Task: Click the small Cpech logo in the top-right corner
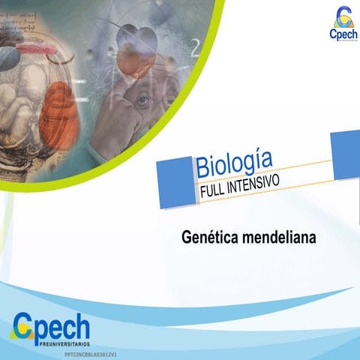(343, 24)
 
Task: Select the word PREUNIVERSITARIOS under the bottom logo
(63, 342)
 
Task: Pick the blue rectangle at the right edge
(346, 154)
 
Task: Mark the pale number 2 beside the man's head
(196, 46)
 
